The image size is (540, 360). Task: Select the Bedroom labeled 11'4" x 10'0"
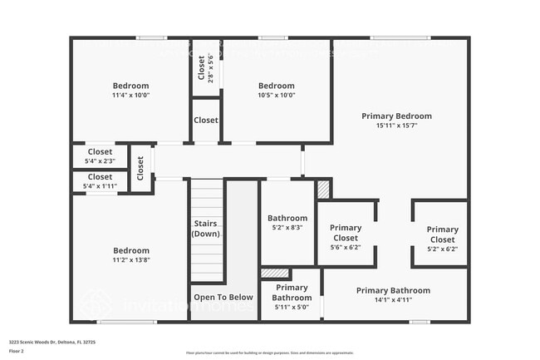[130, 86]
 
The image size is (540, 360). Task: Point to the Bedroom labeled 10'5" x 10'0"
[276, 86]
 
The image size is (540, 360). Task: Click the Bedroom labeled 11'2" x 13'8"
[130, 250]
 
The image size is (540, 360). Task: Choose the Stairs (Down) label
[205, 229]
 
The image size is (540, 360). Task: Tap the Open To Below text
[223, 297]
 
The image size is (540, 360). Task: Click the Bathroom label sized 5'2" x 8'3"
[287, 219]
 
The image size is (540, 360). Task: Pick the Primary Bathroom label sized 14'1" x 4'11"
[393, 290]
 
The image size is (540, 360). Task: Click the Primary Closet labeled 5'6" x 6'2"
[346, 233]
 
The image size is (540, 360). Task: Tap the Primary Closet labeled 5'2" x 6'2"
[442, 234]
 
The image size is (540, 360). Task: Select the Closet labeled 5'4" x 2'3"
[100, 152]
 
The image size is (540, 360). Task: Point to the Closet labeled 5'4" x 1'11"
[100, 177]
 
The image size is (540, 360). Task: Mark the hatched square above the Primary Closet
[323, 190]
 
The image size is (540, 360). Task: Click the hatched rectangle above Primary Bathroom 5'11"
[274, 273]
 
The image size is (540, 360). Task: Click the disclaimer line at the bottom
[269, 353]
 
